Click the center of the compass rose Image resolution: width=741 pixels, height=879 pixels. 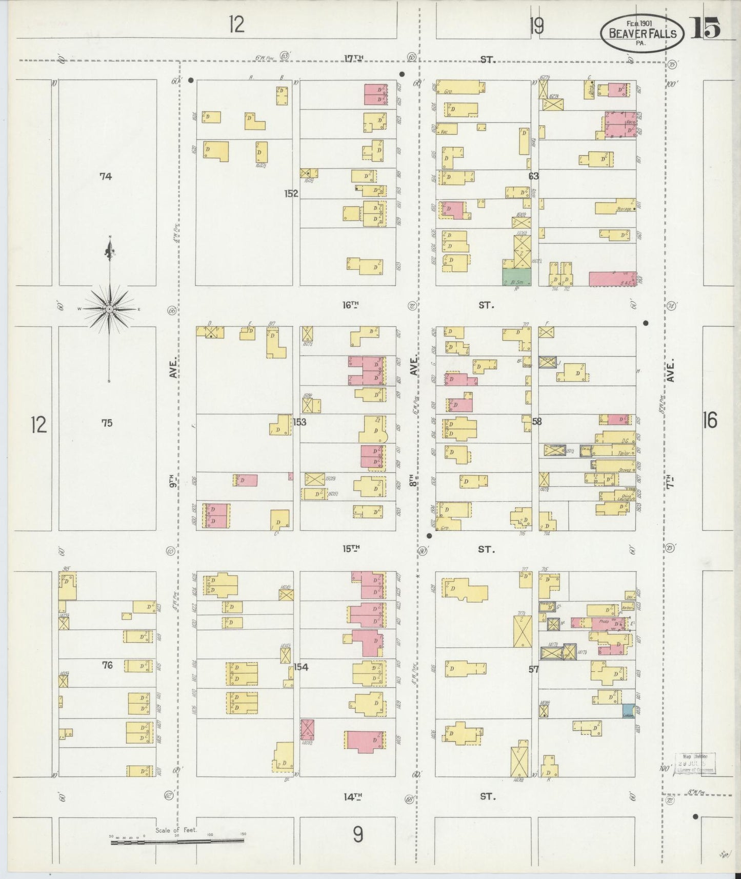coord(109,309)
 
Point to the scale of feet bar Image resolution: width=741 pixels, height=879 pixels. coord(177,841)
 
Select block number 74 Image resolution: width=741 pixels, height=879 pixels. coord(106,176)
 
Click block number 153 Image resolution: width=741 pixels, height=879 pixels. coord(299,422)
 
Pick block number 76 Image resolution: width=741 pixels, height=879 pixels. coord(107,665)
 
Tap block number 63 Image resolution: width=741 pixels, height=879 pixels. coord(534,176)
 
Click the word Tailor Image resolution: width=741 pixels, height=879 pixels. coord(624,453)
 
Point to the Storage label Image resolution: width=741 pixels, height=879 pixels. coord(624,209)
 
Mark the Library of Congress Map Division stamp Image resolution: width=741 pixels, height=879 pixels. coord(695,763)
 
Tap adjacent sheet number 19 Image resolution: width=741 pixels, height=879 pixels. coord(536,26)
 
